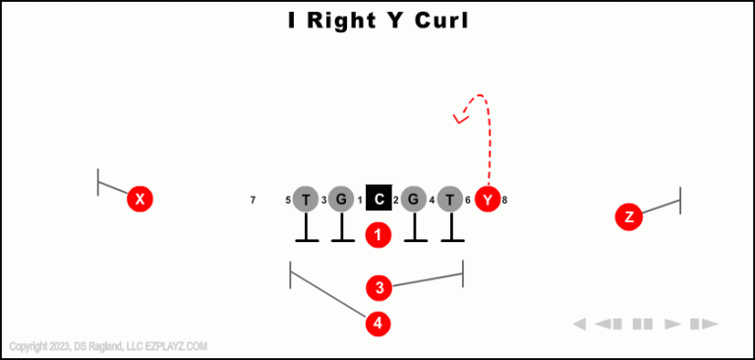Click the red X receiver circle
tap(141, 199)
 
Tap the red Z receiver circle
tap(629, 217)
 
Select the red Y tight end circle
tap(488, 199)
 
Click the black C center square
tap(378, 199)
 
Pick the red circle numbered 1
tap(378, 235)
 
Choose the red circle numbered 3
tap(379, 287)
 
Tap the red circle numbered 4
tap(378, 323)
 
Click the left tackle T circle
tap(306, 199)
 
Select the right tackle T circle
tap(450, 199)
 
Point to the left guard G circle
tap(341, 199)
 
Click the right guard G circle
tap(414, 199)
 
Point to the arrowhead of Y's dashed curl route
tap(457, 120)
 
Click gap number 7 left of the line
tap(253, 201)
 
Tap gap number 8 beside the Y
tap(504, 201)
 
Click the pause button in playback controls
tap(643, 324)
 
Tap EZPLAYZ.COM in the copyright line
tap(175, 346)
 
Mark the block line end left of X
tap(98, 182)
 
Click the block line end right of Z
tap(680, 200)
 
